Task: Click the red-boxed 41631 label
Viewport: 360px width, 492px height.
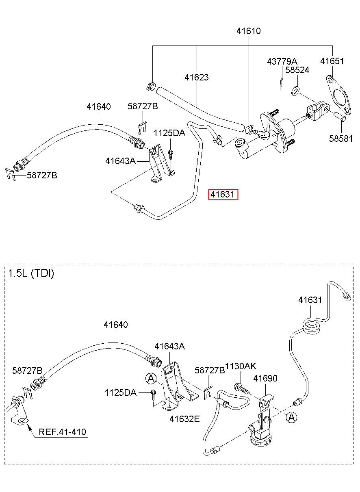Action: pos(223,194)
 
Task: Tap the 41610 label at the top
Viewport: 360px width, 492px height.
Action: pos(248,31)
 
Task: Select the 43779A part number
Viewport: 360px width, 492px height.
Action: pos(282,61)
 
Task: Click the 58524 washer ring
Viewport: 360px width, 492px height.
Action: pos(295,91)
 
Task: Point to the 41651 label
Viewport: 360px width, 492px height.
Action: pos(332,61)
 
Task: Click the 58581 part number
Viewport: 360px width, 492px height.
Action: pos(340,139)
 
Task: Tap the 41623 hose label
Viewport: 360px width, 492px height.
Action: pos(196,77)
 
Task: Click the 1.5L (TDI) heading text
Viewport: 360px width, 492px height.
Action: pos(31,273)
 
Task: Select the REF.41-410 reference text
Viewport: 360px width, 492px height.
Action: pos(63,432)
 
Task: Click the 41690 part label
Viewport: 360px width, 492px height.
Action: pos(265,378)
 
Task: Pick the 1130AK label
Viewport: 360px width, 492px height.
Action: pos(241,366)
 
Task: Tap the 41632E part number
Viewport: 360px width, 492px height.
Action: pos(184,419)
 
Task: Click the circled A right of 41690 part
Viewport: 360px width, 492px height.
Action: pos(291,417)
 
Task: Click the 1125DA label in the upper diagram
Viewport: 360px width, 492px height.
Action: pos(169,133)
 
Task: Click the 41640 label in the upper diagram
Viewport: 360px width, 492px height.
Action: pos(99,106)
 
